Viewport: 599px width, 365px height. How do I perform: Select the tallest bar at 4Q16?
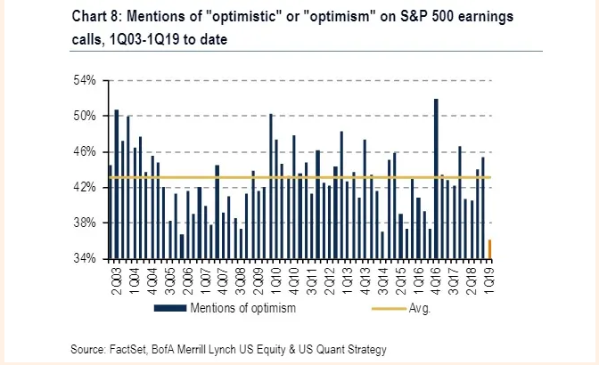pos(436,178)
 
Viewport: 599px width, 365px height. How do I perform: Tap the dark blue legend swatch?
pos(171,309)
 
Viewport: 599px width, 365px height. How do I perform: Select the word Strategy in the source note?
pos(365,349)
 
